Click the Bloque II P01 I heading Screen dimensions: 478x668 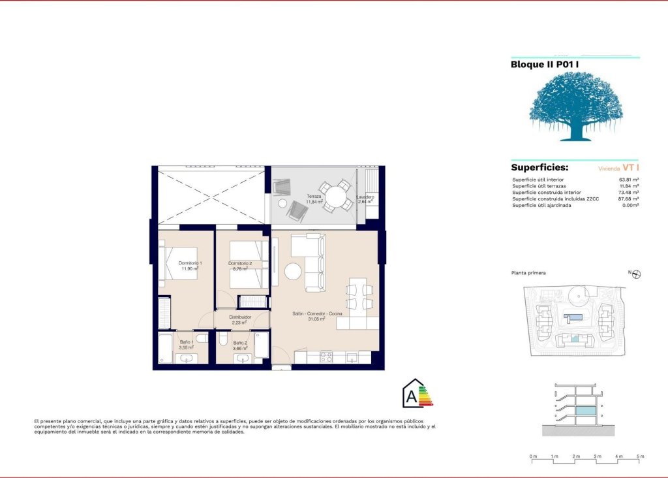click(544, 64)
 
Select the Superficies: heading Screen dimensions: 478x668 click(539, 168)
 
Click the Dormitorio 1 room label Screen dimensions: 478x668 click(190, 263)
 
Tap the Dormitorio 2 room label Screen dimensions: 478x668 click(239, 263)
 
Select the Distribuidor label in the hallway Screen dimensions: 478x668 click(240, 317)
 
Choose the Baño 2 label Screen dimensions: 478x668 click(240, 343)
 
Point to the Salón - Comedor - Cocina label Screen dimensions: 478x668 click(317, 315)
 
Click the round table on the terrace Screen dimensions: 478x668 click(337, 196)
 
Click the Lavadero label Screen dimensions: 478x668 click(365, 197)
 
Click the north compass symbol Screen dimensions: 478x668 click(637, 274)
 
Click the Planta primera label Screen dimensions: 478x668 click(529, 273)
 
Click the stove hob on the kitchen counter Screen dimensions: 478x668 click(326, 357)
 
